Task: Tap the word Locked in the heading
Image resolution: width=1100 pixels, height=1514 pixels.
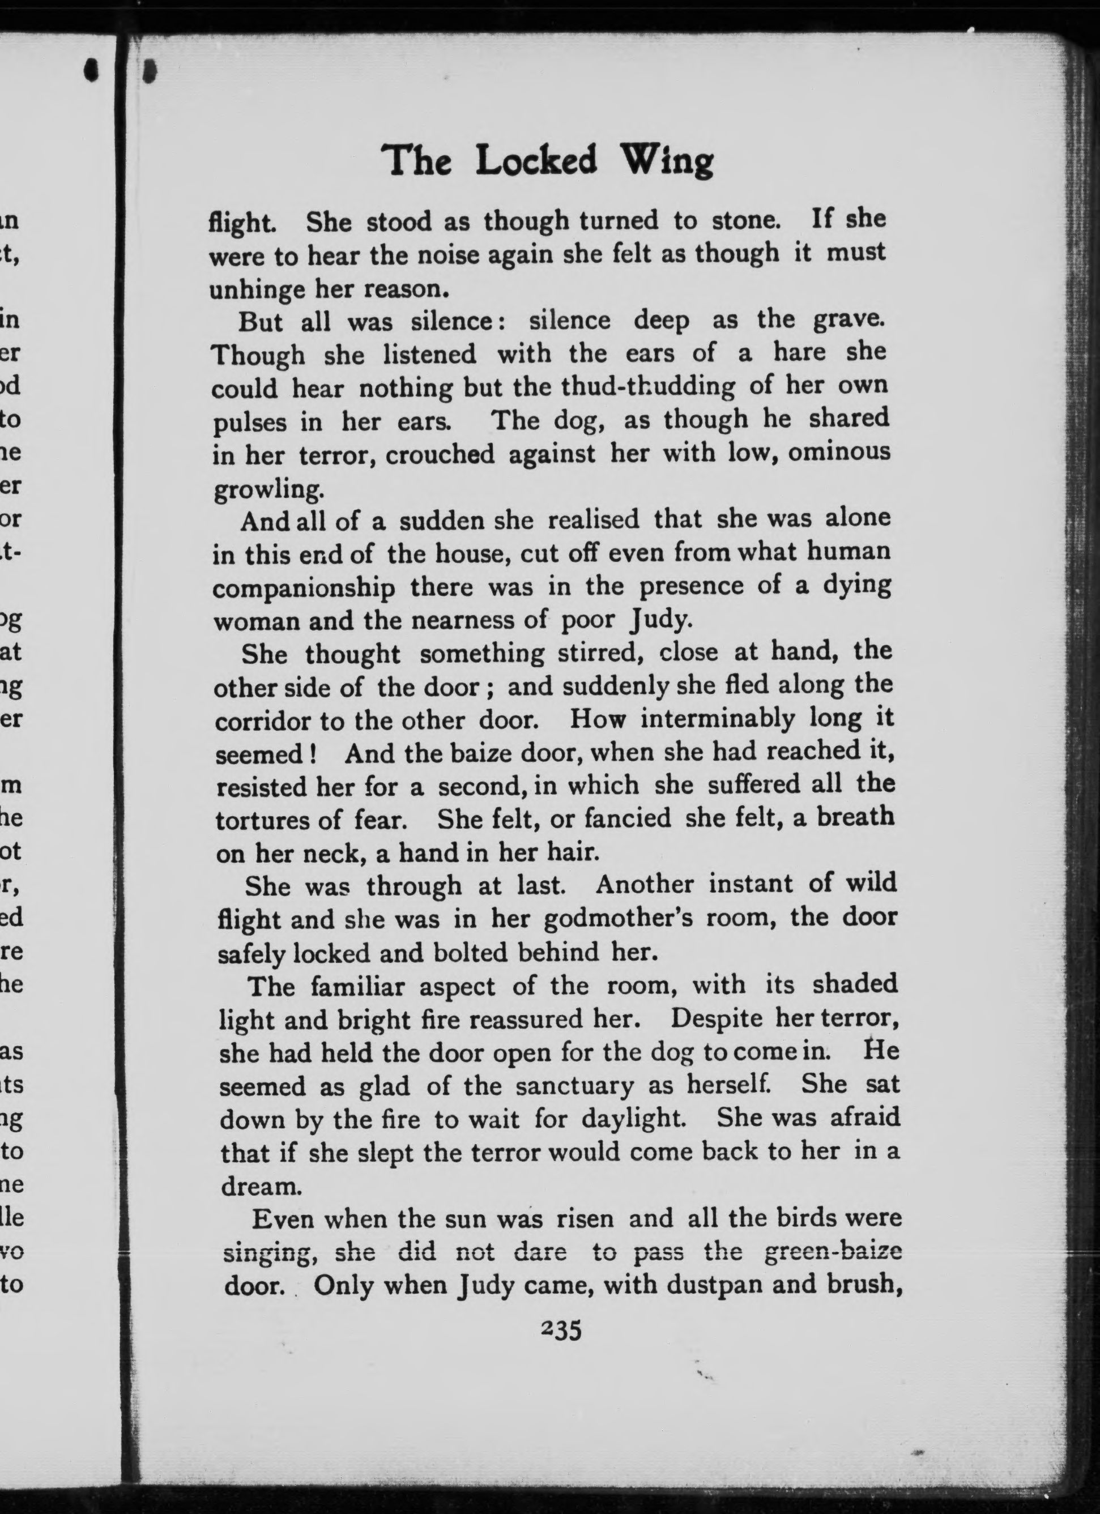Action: click(x=536, y=161)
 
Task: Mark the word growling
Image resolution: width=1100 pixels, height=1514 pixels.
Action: click(x=268, y=491)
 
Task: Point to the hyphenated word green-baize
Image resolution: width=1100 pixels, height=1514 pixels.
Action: click(x=832, y=1252)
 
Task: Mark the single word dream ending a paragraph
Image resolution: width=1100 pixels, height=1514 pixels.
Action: click(x=258, y=1186)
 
